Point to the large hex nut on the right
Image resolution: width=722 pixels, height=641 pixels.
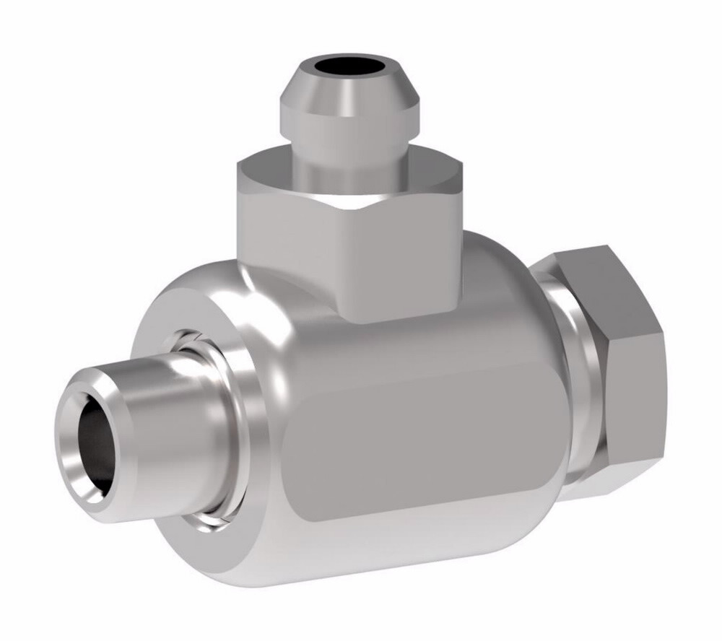[x=614, y=361]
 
